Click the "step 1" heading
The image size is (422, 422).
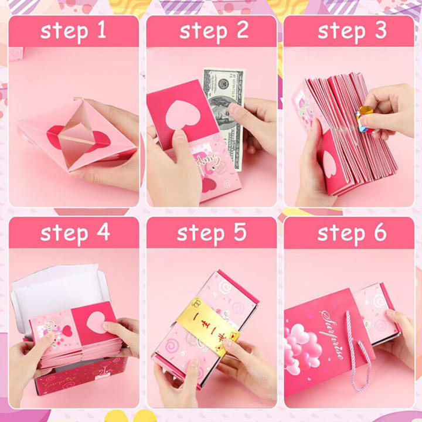point(73,31)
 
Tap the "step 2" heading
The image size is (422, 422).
point(212,31)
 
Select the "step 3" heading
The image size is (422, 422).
point(350,31)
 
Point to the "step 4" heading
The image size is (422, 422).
point(73,233)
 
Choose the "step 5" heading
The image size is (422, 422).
point(212,233)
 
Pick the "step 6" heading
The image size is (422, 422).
point(350,233)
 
